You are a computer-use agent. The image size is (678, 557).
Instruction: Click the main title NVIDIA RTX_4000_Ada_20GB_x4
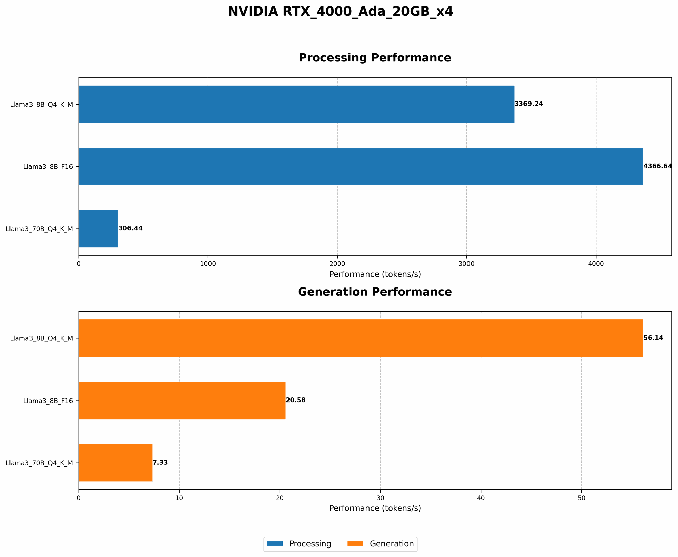[x=340, y=12]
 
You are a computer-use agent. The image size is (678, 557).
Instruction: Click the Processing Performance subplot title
[x=375, y=58]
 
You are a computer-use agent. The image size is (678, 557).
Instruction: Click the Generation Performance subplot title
[x=375, y=292]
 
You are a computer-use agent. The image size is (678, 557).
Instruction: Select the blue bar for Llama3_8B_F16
[x=361, y=166]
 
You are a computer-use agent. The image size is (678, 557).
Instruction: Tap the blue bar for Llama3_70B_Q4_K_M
[x=98, y=229]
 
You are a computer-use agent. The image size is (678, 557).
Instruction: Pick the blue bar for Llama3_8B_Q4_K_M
[x=296, y=104]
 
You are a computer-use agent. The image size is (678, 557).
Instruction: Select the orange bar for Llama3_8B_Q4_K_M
[x=361, y=338]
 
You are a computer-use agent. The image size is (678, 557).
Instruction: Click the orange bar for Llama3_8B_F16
[x=182, y=401]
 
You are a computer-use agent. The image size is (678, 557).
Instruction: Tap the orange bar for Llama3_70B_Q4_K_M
[x=115, y=463]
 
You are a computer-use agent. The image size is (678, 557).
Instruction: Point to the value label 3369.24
[x=529, y=104]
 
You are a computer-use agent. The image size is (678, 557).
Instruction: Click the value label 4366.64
[x=657, y=166]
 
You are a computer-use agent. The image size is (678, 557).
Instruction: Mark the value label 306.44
[x=131, y=229]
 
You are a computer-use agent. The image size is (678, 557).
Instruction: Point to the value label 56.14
[x=653, y=338]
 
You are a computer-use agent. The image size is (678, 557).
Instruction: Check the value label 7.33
[x=160, y=463]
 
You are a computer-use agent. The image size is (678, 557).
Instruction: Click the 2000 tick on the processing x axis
[x=337, y=264]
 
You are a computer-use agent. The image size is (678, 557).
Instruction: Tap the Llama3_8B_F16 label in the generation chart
[x=48, y=401]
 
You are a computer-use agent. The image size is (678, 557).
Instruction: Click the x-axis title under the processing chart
[x=375, y=274]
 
